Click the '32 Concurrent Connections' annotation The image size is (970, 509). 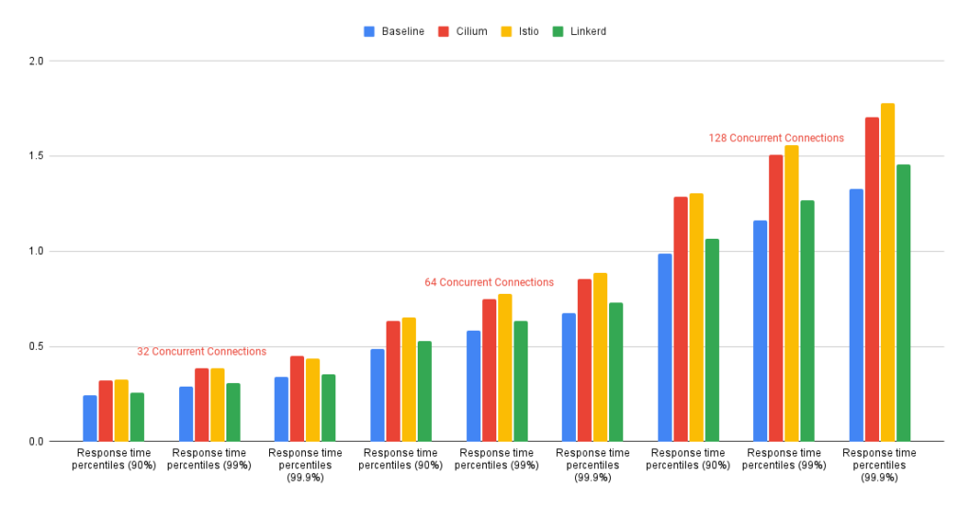pos(202,352)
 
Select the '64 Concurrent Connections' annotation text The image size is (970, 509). pos(489,282)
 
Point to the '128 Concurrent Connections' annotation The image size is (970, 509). pos(776,138)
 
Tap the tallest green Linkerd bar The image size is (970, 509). pos(903,303)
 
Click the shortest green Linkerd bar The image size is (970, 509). pos(136,417)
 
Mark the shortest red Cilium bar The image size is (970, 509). pos(105,410)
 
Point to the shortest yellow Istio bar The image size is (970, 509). pos(121,410)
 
